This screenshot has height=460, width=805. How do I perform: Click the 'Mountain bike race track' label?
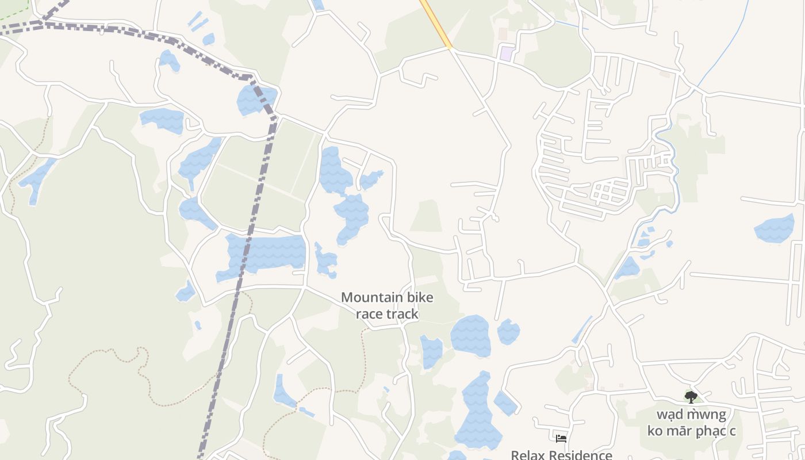(x=387, y=305)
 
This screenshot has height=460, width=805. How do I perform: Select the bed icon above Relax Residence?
(x=561, y=439)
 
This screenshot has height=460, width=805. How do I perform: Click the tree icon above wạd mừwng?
(x=691, y=396)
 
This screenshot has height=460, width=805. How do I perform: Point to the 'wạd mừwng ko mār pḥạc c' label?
(x=691, y=423)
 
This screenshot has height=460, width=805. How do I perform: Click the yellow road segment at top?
(x=436, y=23)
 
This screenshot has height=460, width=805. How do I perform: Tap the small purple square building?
(x=506, y=53)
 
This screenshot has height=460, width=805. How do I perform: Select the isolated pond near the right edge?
(x=774, y=228)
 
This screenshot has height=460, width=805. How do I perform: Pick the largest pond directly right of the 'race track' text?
(x=470, y=336)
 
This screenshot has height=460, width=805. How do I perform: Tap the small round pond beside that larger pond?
(x=508, y=332)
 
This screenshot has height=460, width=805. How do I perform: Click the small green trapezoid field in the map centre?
(x=427, y=216)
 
